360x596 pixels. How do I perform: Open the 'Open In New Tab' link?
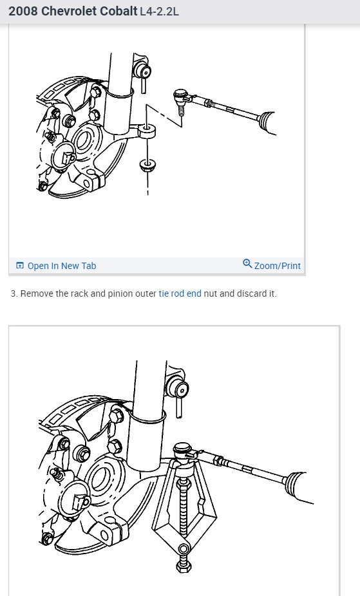click(x=62, y=266)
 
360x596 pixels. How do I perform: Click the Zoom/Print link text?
click(x=277, y=266)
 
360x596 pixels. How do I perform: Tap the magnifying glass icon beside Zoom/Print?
click(x=247, y=264)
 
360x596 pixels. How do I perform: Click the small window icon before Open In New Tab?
click(x=20, y=266)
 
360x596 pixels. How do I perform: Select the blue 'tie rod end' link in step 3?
click(x=180, y=293)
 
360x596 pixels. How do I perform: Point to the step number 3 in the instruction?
click(x=14, y=293)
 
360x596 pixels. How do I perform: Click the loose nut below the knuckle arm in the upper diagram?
click(x=147, y=165)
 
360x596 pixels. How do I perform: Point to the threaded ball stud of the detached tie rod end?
click(x=181, y=111)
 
